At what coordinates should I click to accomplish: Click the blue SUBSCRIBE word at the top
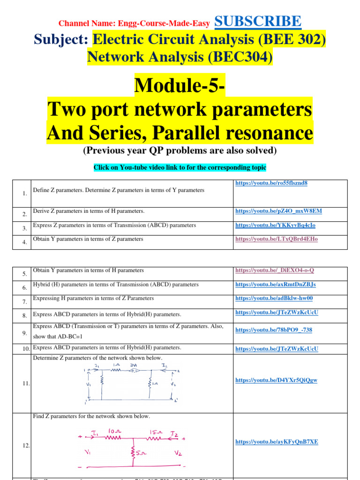[258, 21]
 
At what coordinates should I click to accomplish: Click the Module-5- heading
[180, 85]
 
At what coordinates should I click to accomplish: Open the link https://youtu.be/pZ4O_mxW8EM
[278, 211]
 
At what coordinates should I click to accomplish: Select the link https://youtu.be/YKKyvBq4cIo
[275, 225]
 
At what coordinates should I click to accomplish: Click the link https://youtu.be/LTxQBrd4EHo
[276, 239]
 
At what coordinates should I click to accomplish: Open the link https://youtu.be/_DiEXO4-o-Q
[274, 270]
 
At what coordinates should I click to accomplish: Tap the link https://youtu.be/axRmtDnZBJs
[275, 285]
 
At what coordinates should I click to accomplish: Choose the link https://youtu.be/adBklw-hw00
[274, 298]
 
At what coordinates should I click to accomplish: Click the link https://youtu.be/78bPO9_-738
[273, 330]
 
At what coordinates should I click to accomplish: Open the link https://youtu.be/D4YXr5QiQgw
[276, 380]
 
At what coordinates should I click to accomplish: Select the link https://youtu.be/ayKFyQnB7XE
[276, 442]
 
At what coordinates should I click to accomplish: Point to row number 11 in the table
[26, 383]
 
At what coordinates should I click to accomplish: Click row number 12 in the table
[26, 445]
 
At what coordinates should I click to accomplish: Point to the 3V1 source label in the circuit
[134, 366]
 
